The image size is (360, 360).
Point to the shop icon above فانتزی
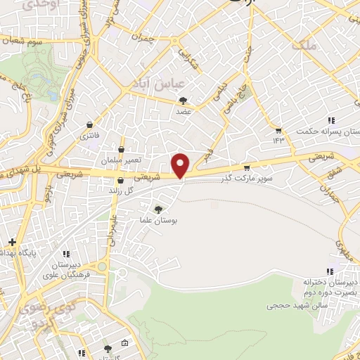[x=89, y=124]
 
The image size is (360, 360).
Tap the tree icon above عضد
[x=184, y=101]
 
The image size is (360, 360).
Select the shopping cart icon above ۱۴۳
[x=278, y=131]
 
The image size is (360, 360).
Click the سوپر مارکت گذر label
[x=247, y=178]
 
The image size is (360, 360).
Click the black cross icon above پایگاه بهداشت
[x=13, y=242]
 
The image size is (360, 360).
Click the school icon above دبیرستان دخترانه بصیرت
[x=328, y=271]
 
